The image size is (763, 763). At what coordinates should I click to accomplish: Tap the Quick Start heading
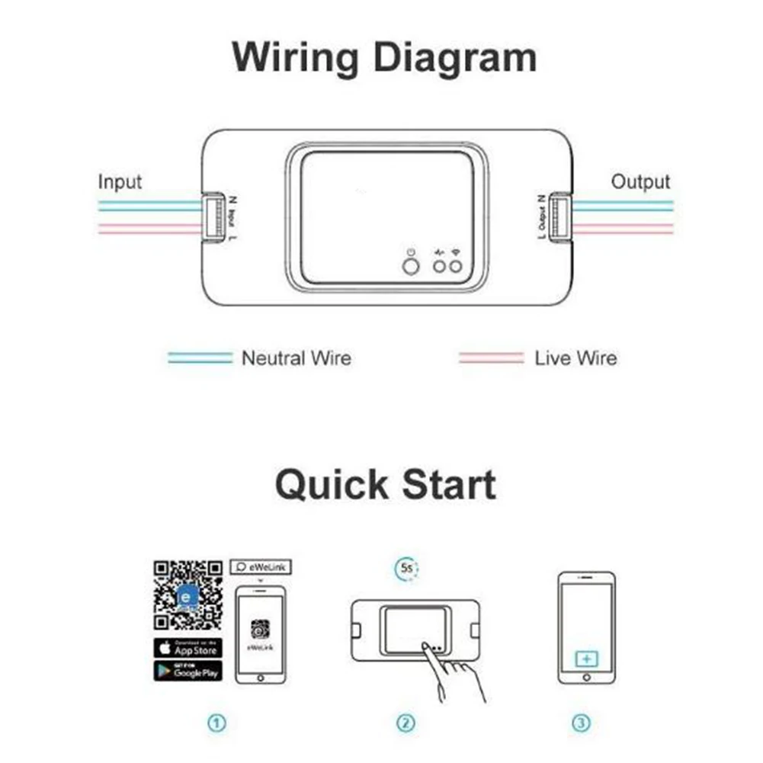click(x=385, y=485)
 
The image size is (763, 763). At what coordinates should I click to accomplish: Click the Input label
click(x=120, y=182)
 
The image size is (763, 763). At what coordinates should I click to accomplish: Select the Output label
click(x=640, y=182)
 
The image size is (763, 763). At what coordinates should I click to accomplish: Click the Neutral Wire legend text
click(x=297, y=357)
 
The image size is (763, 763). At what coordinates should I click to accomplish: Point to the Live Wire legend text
click(x=575, y=357)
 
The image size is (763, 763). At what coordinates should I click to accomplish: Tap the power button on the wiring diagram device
click(x=410, y=266)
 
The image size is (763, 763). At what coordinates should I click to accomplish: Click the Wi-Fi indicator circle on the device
click(x=457, y=266)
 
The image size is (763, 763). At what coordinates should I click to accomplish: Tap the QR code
click(x=188, y=595)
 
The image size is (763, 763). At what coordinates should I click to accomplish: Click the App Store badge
click(x=188, y=648)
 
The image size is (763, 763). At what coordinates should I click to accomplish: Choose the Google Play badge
click(x=188, y=671)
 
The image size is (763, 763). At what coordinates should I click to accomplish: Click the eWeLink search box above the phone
click(x=261, y=567)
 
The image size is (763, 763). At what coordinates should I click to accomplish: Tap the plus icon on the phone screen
click(x=585, y=658)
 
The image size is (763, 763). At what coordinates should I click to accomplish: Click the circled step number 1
click(x=218, y=723)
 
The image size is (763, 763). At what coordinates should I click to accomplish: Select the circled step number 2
click(x=406, y=723)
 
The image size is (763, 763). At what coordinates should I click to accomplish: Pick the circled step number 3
click(x=582, y=723)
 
